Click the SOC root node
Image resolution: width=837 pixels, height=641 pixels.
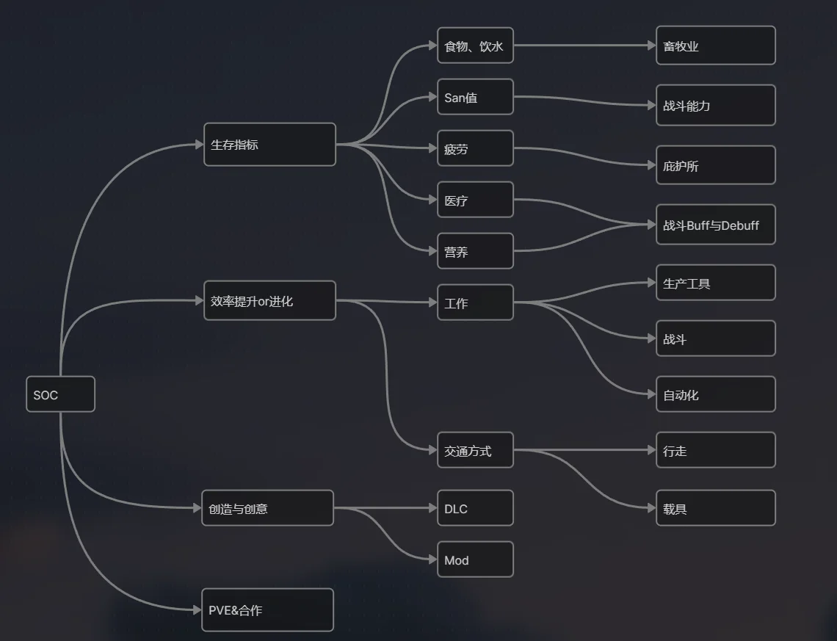click(x=60, y=394)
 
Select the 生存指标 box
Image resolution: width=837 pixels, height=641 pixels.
click(x=269, y=145)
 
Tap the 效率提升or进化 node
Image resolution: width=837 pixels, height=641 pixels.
click(x=269, y=301)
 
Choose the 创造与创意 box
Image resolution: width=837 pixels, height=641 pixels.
click(x=267, y=508)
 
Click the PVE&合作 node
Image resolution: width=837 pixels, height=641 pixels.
click(x=267, y=609)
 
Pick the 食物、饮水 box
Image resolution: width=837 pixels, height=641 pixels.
click(x=475, y=46)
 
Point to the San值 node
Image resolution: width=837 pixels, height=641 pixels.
click(x=475, y=97)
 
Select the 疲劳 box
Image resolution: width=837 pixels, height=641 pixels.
click(x=475, y=148)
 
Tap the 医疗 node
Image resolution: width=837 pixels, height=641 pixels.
click(x=475, y=200)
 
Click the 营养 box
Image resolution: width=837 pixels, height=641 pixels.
click(x=475, y=251)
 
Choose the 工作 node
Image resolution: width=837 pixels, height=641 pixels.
click(x=475, y=303)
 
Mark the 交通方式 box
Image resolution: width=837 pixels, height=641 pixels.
click(x=475, y=450)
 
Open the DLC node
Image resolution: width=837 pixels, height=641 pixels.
click(x=475, y=508)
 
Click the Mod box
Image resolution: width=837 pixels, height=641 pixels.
click(x=475, y=559)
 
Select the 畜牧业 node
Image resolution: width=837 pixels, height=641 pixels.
click(x=715, y=46)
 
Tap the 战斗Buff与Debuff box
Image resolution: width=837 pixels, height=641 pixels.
click(x=715, y=225)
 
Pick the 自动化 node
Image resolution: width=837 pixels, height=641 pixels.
click(x=715, y=394)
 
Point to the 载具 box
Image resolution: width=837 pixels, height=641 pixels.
click(x=715, y=508)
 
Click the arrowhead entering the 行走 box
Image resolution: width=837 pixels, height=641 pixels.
click(x=651, y=450)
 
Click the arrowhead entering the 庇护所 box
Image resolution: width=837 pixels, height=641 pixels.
click(x=651, y=165)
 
